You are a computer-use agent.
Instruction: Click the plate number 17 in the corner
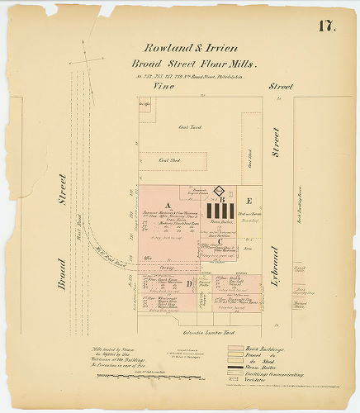324,26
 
